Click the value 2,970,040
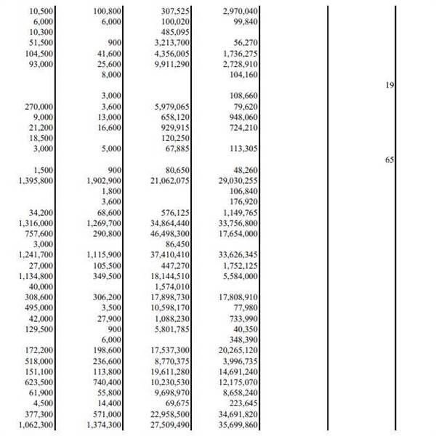pyautogui.click(x=237, y=11)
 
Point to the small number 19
pyautogui.click(x=389, y=85)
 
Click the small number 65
pyautogui.click(x=389, y=159)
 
